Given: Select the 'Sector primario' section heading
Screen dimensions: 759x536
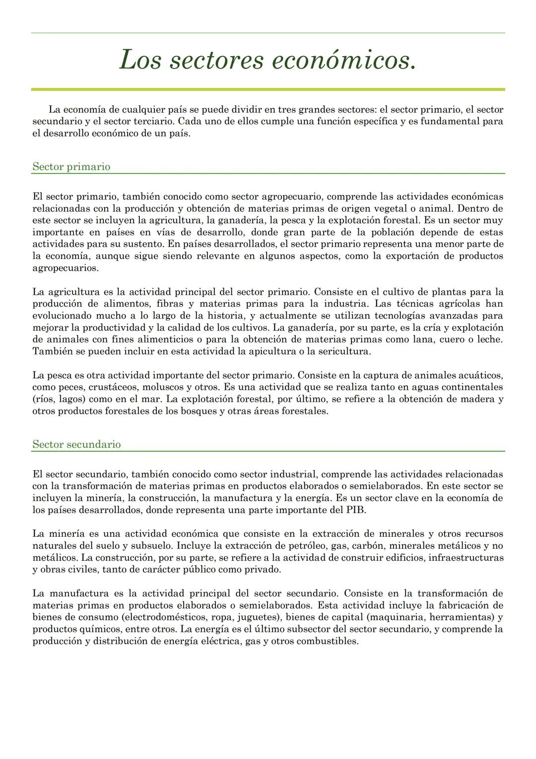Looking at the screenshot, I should click(x=71, y=167).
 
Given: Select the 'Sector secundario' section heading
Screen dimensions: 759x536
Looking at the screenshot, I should click(x=76, y=444).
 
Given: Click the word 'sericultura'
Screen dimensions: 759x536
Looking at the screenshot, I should click(x=344, y=351).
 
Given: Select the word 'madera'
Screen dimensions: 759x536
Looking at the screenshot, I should click(x=476, y=399).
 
